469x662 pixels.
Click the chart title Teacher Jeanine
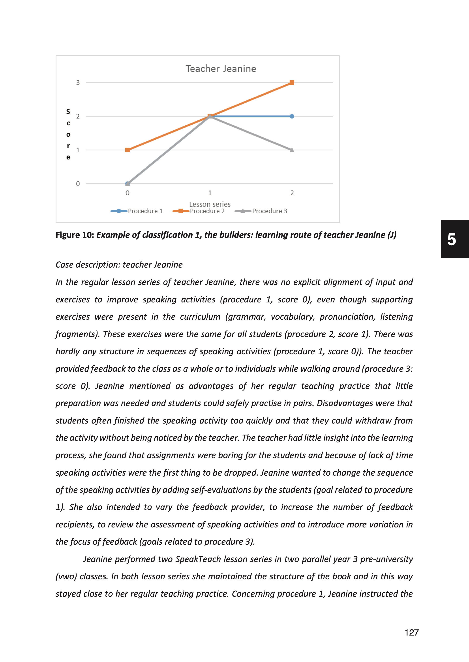221,69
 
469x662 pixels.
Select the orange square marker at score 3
292,83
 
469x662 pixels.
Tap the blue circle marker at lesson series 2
292,116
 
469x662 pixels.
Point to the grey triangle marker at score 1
292,150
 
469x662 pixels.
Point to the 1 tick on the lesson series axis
210,193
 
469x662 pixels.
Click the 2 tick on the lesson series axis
292,193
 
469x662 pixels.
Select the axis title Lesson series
210,204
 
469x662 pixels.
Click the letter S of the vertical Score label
68,112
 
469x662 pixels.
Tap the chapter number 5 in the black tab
451,239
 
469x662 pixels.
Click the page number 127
411,633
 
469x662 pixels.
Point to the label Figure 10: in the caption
75,235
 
